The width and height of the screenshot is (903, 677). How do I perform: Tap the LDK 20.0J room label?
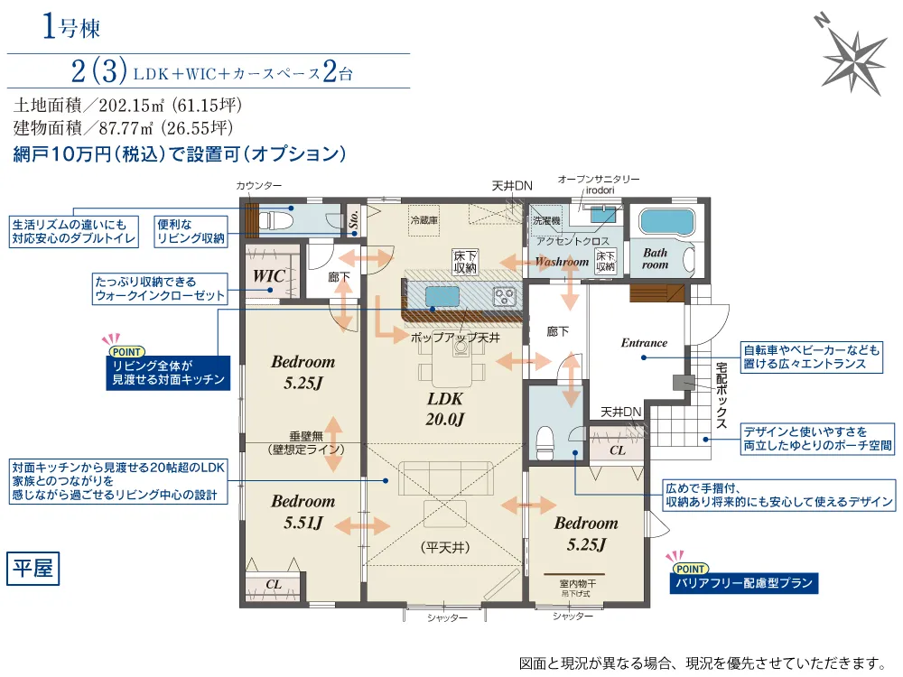click(444, 409)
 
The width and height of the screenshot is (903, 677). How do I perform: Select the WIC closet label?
click(269, 275)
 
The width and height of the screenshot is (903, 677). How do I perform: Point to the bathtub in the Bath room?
click(666, 222)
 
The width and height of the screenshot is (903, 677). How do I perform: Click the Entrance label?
click(644, 342)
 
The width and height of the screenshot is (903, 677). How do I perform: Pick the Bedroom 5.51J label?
click(303, 511)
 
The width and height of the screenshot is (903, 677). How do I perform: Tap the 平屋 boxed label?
click(33, 568)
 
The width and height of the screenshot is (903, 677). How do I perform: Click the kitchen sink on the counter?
click(442, 296)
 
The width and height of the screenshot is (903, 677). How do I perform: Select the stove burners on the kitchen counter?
click(504, 296)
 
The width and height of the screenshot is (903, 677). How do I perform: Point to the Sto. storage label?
click(354, 219)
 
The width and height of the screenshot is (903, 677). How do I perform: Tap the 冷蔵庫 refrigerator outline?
click(424, 220)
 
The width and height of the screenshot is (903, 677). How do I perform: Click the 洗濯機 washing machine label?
click(546, 220)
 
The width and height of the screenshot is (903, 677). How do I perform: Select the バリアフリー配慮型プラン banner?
click(743, 583)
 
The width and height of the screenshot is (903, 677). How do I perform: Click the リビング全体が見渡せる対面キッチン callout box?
click(168, 373)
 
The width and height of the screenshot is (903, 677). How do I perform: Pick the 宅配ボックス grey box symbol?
click(684, 383)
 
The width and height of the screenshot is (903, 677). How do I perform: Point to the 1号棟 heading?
click(71, 27)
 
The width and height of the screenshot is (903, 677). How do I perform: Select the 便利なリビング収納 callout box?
click(191, 232)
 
